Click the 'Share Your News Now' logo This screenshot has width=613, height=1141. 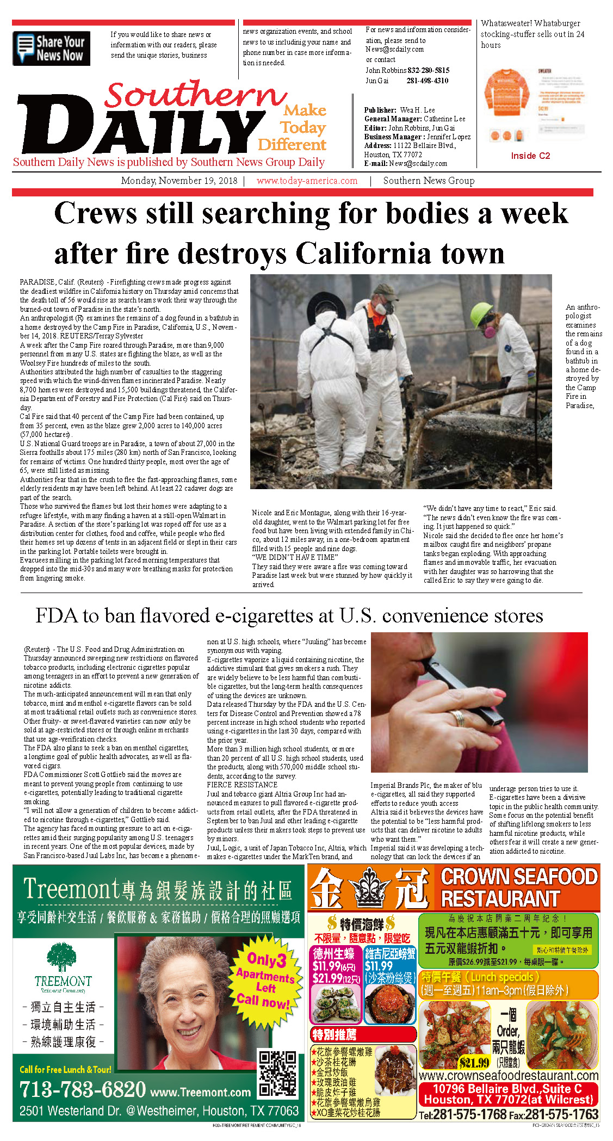pos(51,48)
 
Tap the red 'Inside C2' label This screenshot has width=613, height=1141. pos(530,156)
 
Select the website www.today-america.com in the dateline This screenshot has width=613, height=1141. pos(307,181)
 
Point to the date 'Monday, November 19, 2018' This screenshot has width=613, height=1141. pos(179,181)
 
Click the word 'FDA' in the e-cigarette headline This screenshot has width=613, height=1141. pos(57,616)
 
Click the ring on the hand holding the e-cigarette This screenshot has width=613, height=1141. pos(458,718)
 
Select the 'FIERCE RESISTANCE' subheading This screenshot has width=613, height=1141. pos(242,785)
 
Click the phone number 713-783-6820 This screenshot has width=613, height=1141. pos(83,1090)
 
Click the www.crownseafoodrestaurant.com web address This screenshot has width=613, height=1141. pos(508,1076)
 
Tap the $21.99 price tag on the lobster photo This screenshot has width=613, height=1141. pos(474,1062)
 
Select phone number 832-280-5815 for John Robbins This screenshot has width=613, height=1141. pos(428,70)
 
